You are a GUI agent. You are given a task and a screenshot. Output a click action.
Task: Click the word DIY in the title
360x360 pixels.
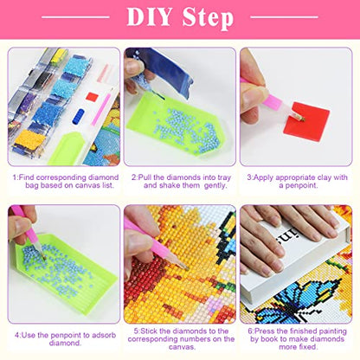[x=149, y=16]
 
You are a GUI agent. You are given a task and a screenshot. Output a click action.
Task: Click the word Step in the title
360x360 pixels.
[x=208, y=18]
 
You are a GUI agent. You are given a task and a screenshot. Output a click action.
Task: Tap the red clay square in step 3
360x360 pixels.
[x=306, y=121]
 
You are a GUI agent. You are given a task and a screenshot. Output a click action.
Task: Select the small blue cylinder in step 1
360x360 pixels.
[x=78, y=116]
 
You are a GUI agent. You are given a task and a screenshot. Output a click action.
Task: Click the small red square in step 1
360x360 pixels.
[x=93, y=97]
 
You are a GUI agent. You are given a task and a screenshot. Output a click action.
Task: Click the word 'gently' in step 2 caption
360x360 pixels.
[x=215, y=185]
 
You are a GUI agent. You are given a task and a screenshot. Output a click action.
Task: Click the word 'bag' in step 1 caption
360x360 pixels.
[x=32, y=185]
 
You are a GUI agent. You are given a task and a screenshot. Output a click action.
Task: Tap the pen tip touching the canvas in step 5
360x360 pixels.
[x=188, y=269]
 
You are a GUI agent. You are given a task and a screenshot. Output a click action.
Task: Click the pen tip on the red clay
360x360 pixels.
[x=302, y=119]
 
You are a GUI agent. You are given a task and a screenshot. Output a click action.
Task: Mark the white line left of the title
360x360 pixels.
[x=75, y=17]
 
